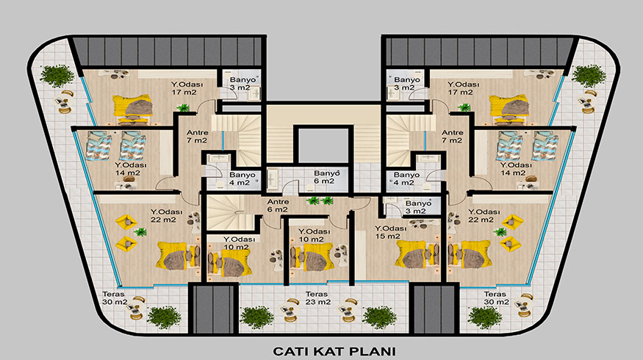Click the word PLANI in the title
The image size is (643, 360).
click(x=373, y=351)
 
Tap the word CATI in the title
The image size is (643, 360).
click(x=290, y=351)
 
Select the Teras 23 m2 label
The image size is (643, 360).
click(x=317, y=298)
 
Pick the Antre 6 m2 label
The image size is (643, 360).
click(x=278, y=206)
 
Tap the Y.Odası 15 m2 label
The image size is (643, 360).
click(x=390, y=232)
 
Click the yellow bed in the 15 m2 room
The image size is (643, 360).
click(x=412, y=254)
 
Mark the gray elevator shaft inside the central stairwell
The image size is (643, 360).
click(x=323, y=145)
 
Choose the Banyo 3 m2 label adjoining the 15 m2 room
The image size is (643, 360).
click(x=418, y=207)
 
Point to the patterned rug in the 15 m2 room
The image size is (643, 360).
click(x=421, y=224)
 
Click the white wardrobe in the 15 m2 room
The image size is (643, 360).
click(x=360, y=255)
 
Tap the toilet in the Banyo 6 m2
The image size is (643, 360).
click(x=309, y=187)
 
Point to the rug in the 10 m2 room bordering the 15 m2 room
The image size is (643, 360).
click(x=341, y=251)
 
